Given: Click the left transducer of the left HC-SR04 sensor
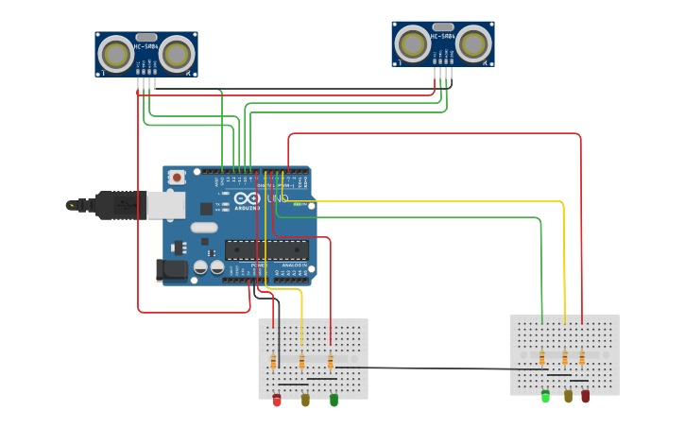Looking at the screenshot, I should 116,54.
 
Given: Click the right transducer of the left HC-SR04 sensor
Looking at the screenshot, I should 177,54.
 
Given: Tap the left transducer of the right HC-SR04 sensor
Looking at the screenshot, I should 413,43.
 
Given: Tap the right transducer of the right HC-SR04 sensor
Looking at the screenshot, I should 473,43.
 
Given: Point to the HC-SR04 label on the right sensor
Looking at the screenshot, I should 443,37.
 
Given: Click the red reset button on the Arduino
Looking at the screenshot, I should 177,177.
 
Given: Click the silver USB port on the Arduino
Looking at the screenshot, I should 166,204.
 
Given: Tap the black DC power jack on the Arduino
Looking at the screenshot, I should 172,269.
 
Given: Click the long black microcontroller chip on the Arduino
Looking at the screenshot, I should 266,250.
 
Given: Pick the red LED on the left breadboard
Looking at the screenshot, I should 277,401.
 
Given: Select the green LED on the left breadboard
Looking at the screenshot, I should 334,401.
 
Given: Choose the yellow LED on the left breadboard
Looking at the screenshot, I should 305,401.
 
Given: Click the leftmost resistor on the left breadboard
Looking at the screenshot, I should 273,362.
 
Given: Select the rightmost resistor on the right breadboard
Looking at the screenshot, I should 582,358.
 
